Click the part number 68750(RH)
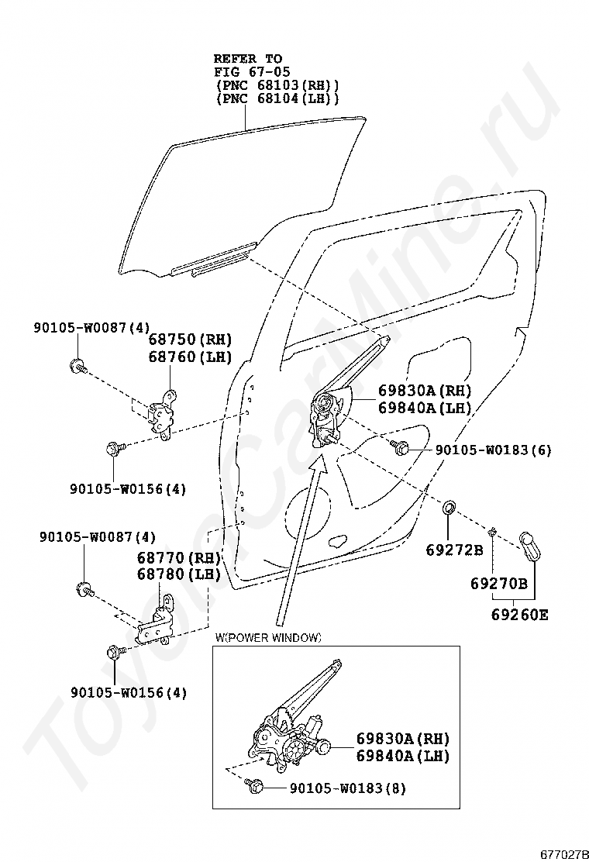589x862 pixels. coord(190,340)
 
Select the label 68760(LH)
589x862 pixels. coord(190,357)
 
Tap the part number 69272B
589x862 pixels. coord(454,550)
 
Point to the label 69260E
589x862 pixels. coord(519,615)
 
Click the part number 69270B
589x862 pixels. coord(499,583)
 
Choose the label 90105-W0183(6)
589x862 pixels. coord(493,450)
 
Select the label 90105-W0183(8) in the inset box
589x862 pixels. coord(347,788)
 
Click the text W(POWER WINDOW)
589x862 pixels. coord(268,637)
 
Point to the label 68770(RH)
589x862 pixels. coord(179,557)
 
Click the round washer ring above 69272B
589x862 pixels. coord(449,509)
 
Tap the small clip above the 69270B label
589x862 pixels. coord(491,531)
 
